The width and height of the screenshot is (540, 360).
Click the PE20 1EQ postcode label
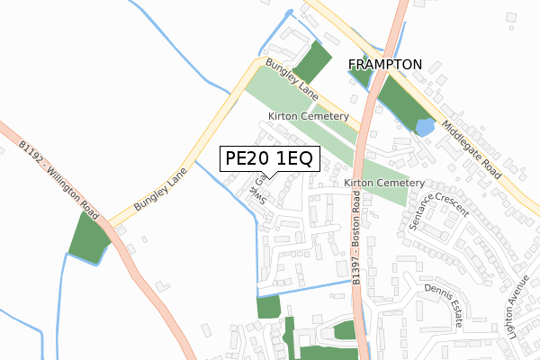pyautogui.click(x=268, y=159)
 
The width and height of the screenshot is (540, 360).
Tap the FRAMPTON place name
pyautogui.click(x=384, y=65)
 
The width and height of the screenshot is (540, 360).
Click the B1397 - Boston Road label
pyautogui.click(x=356, y=244)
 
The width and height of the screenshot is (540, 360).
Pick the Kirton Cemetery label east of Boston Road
pyautogui.click(x=383, y=183)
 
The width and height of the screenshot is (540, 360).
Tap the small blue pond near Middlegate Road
pyautogui.click(x=424, y=128)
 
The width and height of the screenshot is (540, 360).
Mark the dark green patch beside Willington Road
pyautogui.click(x=87, y=240)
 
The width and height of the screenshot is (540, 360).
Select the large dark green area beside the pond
pyautogui.click(x=396, y=103)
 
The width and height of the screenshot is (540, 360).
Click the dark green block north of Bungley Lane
pyautogui.click(x=313, y=61)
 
